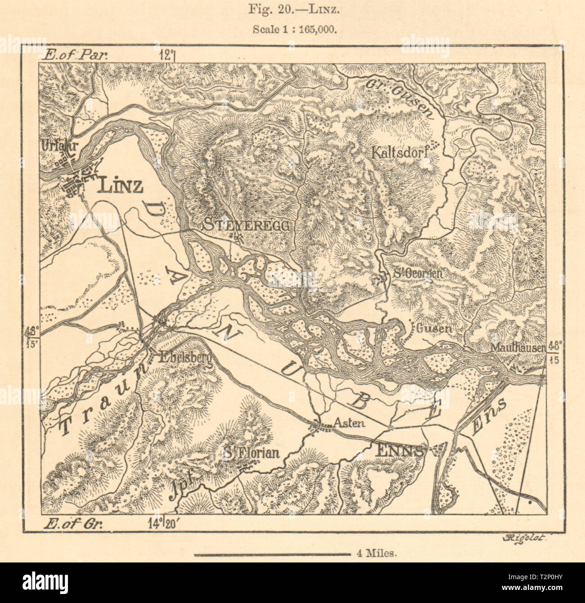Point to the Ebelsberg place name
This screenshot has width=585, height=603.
pos(184,357)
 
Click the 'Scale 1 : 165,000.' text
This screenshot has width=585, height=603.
pos(292,27)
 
